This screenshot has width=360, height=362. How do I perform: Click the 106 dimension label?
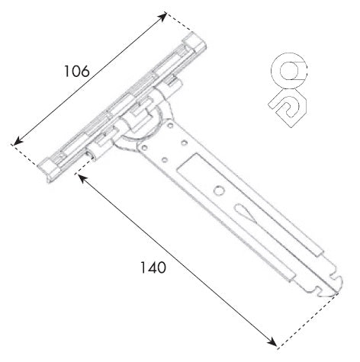(76, 71)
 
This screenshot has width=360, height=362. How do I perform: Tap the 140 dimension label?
(153, 267)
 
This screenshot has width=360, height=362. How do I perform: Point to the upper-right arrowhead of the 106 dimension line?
(162, 17)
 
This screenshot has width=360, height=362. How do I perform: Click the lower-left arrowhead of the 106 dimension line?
(18, 141)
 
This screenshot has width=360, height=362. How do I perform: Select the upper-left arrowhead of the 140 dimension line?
(82, 178)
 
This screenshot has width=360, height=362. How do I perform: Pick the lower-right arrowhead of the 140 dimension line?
(272, 342)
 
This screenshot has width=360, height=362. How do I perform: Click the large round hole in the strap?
(219, 191)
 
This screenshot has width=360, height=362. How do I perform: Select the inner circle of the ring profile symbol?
(289, 70)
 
